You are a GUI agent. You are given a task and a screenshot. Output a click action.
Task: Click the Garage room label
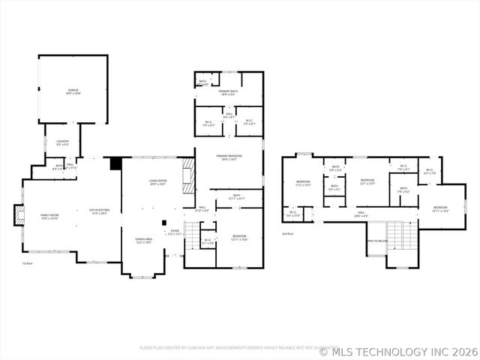[73, 91]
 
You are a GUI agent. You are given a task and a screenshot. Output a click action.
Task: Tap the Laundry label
[62, 142]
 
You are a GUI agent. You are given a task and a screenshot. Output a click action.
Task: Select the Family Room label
[49, 217]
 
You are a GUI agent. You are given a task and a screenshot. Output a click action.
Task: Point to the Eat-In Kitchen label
[100, 211]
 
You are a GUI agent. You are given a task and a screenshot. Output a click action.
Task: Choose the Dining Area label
[143, 241]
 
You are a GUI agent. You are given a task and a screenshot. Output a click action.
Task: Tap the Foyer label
[174, 232]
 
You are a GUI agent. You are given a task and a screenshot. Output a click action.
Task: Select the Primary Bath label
[229, 93]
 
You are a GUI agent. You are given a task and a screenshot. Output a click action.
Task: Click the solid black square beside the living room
[115, 163]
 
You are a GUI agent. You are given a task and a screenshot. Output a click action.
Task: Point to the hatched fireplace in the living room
[190, 178]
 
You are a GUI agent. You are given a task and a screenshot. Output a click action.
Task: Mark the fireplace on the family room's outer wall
[18, 216]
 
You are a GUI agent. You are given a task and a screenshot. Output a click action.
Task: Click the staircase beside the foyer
[193, 239]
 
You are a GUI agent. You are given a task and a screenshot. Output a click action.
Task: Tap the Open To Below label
[377, 241]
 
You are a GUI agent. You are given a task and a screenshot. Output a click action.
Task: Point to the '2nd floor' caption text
[287, 233]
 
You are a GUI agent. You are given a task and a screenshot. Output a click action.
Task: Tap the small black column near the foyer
[163, 222]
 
